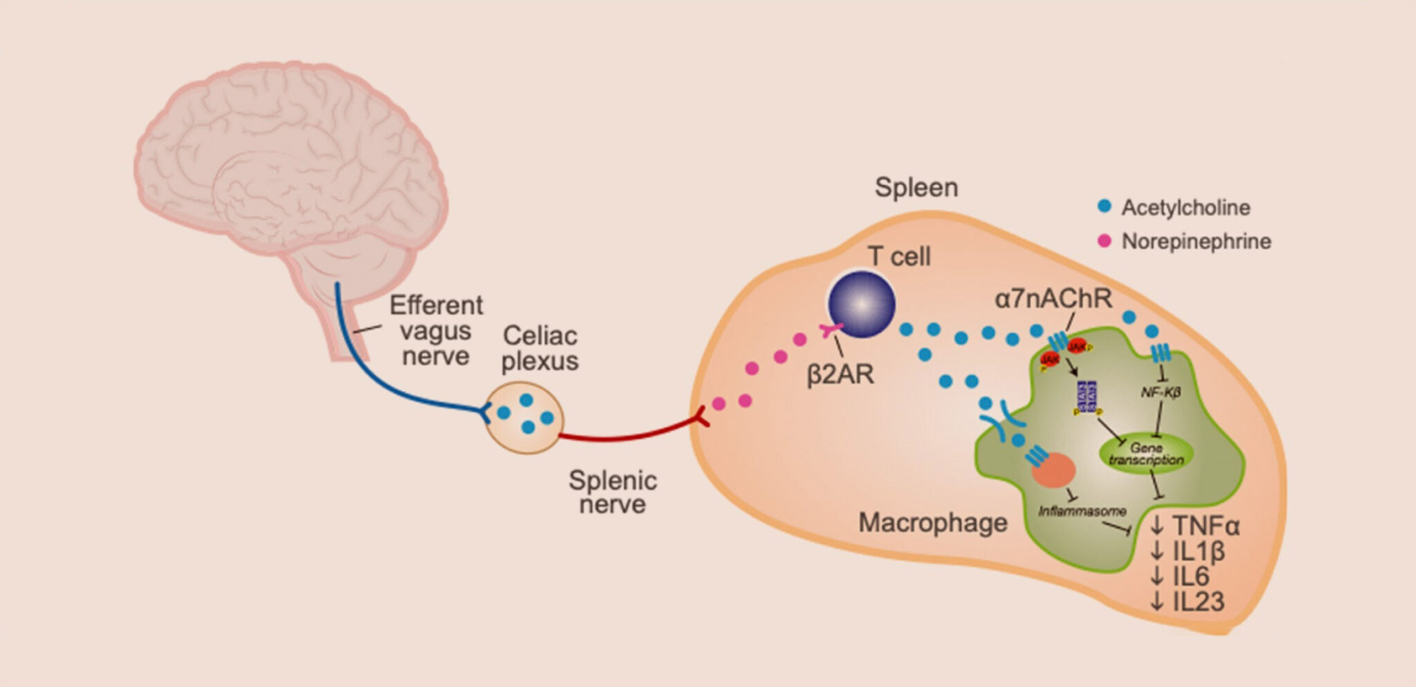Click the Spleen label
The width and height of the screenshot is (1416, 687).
(916, 187)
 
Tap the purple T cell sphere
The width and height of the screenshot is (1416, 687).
(861, 304)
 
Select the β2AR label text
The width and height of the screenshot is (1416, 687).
(840, 374)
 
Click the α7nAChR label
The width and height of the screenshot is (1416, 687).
(1053, 299)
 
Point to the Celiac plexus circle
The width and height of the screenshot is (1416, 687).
(525, 417)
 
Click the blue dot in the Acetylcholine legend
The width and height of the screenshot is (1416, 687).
(1104, 207)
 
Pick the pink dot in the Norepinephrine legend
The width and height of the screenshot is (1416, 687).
(1104, 241)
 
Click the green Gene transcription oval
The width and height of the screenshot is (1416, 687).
(1146, 454)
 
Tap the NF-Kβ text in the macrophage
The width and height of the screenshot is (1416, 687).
(1160, 393)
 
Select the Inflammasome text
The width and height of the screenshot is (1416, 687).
(1082, 511)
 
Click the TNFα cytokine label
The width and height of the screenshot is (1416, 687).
(1195, 527)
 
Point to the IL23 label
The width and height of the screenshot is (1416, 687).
(1187, 601)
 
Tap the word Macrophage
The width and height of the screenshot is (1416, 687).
(933, 523)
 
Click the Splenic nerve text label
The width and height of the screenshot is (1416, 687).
(613, 492)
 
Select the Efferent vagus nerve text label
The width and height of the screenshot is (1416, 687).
(436, 330)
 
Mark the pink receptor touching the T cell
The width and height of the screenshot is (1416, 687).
(830, 330)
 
